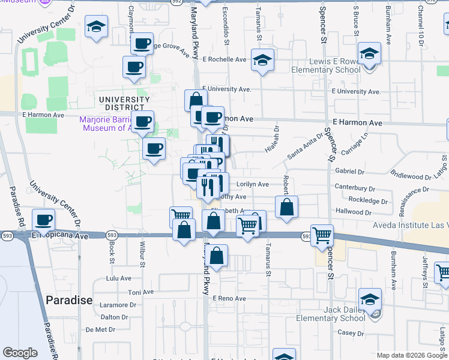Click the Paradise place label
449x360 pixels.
(x=69, y=300)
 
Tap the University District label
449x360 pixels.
(x=125, y=104)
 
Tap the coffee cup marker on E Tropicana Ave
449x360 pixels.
(x=43, y=220)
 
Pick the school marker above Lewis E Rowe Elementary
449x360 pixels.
(x=369, y=52)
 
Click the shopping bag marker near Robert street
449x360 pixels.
(x=287, y=206)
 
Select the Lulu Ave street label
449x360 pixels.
(x=118, y=278)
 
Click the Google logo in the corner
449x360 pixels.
(x=20, y=353)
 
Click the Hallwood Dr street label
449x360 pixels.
(x=354, y=212)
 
